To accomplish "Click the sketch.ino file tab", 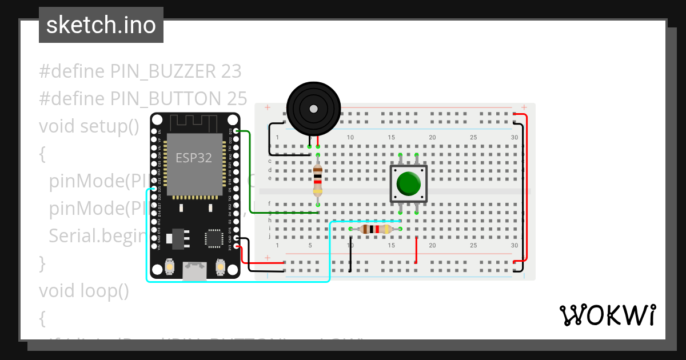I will point(101,25).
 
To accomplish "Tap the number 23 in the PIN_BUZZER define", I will point(230,71).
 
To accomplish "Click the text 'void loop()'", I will point(83,291).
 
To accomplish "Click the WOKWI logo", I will point(607,315).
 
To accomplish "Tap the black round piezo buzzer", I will point(313,109).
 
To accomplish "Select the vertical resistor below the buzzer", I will point(318,179).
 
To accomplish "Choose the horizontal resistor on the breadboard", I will point(375,229).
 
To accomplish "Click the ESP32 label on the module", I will point(193,158).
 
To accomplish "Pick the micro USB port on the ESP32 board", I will point(194,271).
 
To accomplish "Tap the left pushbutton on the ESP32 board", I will point(170,266).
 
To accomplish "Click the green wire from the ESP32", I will point(250,171).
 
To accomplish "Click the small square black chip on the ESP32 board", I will point(214,238).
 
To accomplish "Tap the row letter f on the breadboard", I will point(269,203).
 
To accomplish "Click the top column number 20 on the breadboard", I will point(432,137).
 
